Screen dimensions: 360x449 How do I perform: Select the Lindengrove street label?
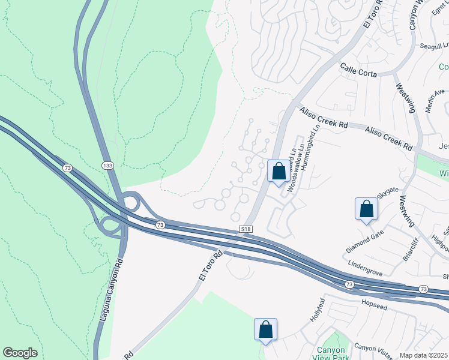tap(366, 268)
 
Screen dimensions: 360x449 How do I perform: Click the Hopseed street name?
tap(376, 303)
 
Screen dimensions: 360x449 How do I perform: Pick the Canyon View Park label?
tap(331, 353)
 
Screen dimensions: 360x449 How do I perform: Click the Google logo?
tap(20, 353)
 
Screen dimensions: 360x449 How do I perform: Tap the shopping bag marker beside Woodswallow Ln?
tap(279, 172)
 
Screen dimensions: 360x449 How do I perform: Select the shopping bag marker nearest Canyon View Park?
tap(265, 329)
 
